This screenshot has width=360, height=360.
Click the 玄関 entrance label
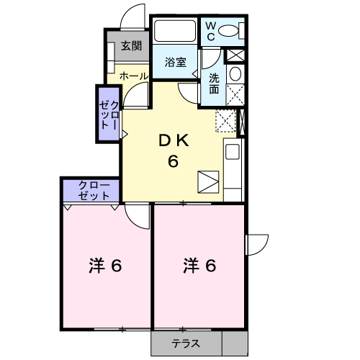click(x=131, y=46)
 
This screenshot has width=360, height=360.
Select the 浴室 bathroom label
click(x=176, y=62)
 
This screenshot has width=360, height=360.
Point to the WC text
click(x=211, y=31)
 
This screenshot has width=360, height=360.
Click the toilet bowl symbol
click(x=231, y=31)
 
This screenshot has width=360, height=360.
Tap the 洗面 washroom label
click(x=216, y=84)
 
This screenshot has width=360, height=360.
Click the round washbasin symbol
click(x=235, y=74)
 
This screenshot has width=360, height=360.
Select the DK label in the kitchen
click(x=174, y=141)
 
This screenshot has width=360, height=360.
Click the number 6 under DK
click(x=174, y=161)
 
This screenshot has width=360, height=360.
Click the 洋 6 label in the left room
click(x=105, y=266)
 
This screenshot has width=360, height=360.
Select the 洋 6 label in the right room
click(x=199, y=266)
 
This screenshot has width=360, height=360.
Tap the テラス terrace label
click(x=186, y=343)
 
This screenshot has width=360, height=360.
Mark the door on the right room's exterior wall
click(x=256, y=245)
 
